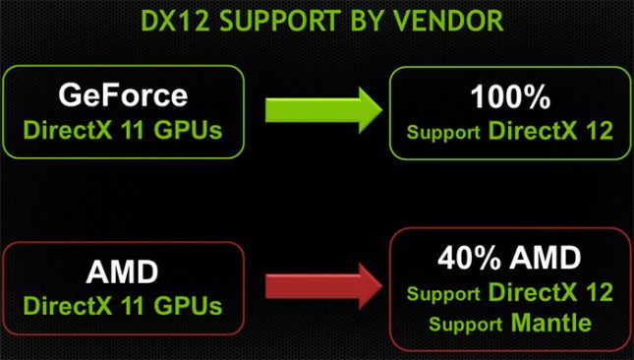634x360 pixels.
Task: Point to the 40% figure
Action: tap(463, 259)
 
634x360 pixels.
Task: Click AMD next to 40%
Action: tap(547, 259)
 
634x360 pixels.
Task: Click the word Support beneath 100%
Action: tap(441, 131)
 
